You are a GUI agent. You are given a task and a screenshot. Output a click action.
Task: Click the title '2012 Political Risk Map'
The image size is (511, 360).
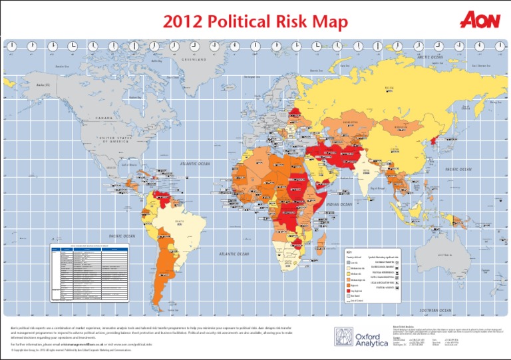point(255,23)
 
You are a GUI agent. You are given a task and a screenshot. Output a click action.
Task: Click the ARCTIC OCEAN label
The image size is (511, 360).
point(430,57)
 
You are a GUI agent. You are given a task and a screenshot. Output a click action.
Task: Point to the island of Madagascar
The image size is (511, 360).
point(325,240)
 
